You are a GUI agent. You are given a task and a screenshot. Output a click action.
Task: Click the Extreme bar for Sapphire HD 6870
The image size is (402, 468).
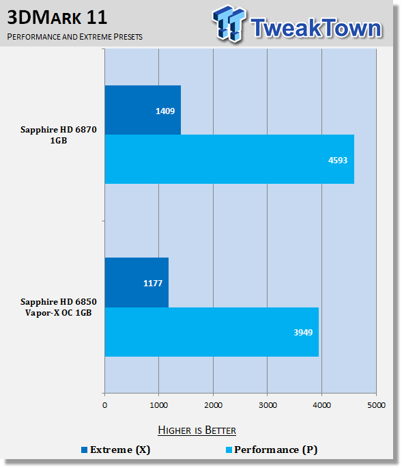[143, 110]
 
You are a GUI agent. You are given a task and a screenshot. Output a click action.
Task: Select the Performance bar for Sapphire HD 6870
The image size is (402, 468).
[229, 159]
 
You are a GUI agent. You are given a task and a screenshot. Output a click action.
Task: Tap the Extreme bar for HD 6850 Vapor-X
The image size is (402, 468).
[137, 282]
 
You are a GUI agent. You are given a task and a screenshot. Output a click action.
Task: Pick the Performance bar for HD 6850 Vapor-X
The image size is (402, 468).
[212, 332]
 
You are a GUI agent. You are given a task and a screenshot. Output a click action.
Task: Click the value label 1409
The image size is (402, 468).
[165, 111]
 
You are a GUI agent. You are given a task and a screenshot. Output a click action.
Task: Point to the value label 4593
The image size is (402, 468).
[338, 161]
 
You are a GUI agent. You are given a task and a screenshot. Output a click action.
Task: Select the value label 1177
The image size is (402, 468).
[153, 284]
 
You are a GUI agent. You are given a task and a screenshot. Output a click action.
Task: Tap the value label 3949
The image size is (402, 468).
[303, 333]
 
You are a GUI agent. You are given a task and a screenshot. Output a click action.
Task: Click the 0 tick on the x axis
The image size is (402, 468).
[104, 405]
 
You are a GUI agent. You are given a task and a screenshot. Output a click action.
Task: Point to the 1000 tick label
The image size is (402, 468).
[158, 405]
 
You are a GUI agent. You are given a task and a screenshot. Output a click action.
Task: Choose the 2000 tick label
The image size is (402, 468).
[213, 405]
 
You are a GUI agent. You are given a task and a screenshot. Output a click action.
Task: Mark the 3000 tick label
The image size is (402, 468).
[268, 405]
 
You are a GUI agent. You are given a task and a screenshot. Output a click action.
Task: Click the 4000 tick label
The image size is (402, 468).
[321, 405]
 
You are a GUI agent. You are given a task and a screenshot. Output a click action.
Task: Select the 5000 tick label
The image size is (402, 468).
[376, 405]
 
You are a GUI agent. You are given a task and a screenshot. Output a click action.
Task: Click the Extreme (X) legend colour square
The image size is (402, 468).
[85, 450]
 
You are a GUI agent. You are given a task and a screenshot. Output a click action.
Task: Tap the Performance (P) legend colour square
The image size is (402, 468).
[229, 450]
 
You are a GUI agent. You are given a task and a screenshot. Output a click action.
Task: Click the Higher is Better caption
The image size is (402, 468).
[197, 430]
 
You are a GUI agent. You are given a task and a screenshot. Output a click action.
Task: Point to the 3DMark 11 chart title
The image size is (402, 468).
[57, 17]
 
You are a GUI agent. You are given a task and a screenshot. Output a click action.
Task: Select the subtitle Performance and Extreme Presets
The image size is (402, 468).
[75, 37]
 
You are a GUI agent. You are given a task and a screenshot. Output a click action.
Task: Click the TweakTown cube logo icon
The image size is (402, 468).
[229, 23]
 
